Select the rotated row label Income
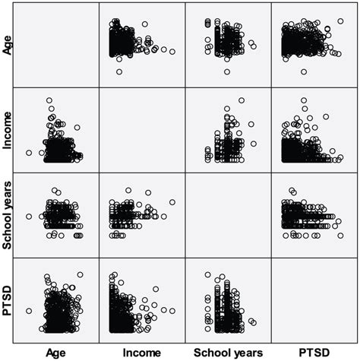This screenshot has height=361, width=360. (x=8, y=130)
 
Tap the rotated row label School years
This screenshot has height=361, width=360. (x=8, y=216)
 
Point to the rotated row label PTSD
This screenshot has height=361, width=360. (x=8, y=301)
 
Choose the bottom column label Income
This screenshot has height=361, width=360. (x=142, y=353)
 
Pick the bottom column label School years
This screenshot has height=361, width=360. (x=228, y=353)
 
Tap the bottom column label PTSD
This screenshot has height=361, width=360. (x=314, y=353)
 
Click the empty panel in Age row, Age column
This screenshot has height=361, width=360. (x=56, y=45)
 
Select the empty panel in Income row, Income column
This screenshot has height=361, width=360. (x=142, y=131)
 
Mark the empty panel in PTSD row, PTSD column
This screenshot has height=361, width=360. (x=314, y=302)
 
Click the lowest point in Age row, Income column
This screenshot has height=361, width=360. (x=118, y=72)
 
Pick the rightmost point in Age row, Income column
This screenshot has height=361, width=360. (x=172, y=52)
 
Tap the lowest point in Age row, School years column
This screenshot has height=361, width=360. (x=226, y=72)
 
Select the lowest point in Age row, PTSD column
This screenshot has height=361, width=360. (x=304, y=72)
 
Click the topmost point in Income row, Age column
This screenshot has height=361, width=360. (x=49, y=100)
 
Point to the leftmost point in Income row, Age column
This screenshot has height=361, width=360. (x=29, y=153)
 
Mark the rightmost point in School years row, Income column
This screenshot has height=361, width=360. (x=172, y=202)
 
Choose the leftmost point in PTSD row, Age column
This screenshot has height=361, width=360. (x=29, y=311)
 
